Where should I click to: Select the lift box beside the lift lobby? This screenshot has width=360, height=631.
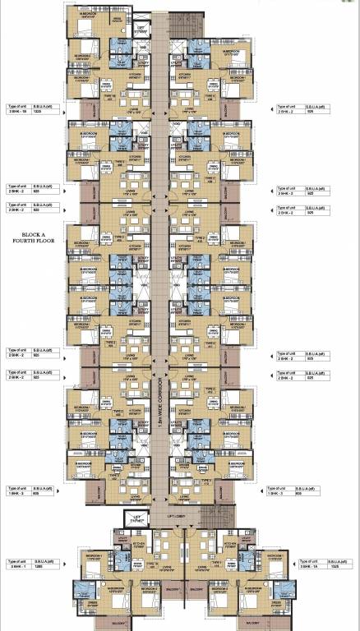[136, 518]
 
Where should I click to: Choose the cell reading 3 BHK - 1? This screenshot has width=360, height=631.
[17, 568]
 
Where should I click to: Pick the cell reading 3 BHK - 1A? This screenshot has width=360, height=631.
[293, 568]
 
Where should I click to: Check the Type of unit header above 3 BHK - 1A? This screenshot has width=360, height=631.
[292, 561]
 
